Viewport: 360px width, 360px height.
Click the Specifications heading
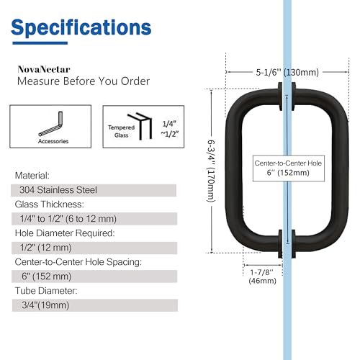tap(81, 28)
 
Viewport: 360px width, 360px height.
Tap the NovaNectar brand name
tap(44, 69)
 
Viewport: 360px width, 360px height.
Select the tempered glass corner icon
tap(140, 126)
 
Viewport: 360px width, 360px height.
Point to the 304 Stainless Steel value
tap(58, 190)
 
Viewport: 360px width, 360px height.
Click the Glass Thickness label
tap(50, 204)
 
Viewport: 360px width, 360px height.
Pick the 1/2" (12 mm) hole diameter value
tap(46, 248)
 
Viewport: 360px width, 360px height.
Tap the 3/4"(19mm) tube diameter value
tap(45, 305)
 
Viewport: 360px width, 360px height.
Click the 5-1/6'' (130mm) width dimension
tap(287, 72)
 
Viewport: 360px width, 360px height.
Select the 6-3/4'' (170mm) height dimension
tap(211, 171)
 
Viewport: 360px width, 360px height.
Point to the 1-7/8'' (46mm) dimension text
tap(262, 276)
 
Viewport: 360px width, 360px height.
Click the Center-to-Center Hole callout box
tap(289, 168)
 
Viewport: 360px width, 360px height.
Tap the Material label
tap(32, 176)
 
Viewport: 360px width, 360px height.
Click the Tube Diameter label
tap(46, 291)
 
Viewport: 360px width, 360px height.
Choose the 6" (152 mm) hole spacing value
tap(47, 276)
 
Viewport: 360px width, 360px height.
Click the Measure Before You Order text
tap(84, 81)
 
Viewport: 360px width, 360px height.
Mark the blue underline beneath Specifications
tap(40, 43)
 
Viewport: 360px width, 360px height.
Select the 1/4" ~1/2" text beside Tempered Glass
tap(170, 129)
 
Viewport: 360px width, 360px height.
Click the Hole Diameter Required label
tap(65, 233)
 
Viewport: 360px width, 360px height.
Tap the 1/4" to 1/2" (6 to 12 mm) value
tap(68, 219)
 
